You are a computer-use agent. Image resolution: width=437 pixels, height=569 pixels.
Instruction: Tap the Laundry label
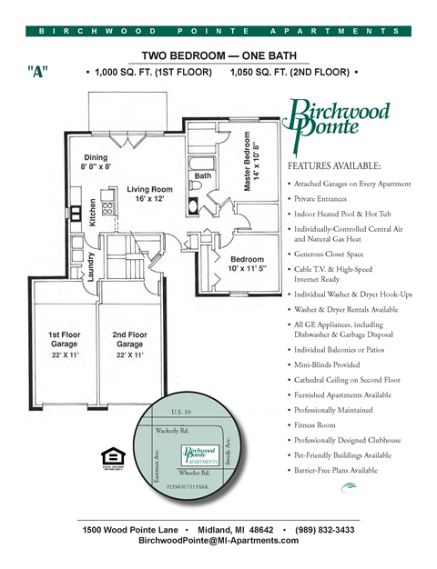(89, 268)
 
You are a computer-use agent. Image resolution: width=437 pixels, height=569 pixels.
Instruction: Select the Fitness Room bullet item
(313, 424)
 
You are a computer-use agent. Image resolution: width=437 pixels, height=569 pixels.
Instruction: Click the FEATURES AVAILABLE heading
(334, 166)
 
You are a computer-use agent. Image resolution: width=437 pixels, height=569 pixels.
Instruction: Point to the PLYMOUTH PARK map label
(186, 488)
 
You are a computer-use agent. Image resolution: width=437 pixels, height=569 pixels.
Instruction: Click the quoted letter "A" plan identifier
(38, 73)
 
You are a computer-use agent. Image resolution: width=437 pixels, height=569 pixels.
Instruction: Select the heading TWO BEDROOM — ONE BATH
(218, 55)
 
